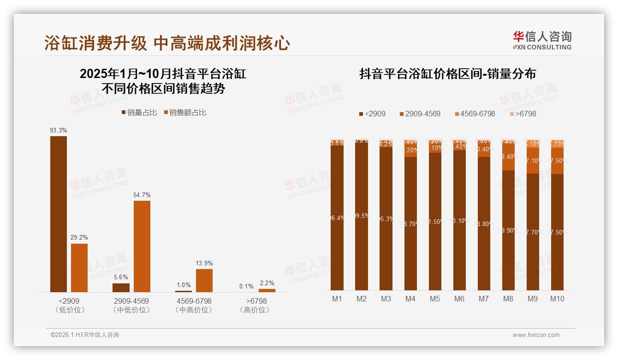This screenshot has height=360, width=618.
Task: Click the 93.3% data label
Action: tap(59, 131)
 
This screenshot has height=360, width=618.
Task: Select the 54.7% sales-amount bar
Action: tap(142, 246)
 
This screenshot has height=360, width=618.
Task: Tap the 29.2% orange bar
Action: tap(79, 268)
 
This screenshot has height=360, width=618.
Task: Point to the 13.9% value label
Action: tap(204, 264)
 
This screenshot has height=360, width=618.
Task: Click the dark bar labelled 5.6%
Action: tap(121, 288)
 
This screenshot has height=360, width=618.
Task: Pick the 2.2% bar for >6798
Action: tap(267, 290)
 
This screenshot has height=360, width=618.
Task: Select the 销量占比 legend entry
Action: tap(139, 113)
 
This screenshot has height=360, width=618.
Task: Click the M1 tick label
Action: tap(337, 299)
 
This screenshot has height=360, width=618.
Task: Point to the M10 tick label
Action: tap(557, 299)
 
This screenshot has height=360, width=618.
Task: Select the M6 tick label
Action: tap(459, 299)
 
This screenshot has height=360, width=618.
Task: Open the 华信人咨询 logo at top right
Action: tap(542, 40)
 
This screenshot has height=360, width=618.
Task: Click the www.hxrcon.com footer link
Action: tap(536, 335)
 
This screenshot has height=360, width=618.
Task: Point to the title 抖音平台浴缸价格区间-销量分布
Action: tap(447, 74)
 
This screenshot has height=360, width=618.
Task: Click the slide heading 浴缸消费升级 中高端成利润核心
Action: tap(167, 43)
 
